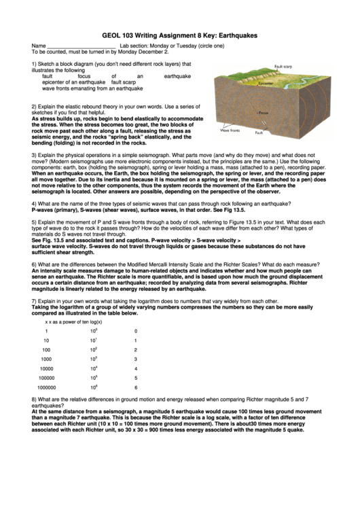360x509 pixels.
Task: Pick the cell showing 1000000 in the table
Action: (46, 387)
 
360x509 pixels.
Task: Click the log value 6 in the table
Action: (136, 387)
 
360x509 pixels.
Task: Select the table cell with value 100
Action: (46, 349)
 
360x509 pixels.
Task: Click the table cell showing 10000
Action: (46, 368)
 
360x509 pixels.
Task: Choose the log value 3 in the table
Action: (136, 359)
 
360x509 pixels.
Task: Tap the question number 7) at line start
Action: (35, 300)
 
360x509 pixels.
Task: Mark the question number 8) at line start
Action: (35, 400)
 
